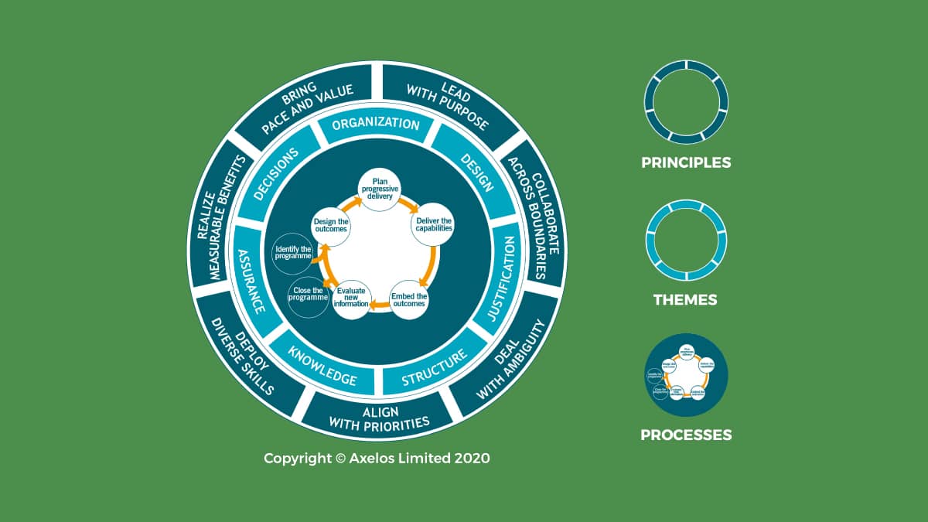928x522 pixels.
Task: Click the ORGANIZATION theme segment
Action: click(x=376, y=125)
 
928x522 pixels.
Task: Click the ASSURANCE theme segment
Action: click(x=253, y=279)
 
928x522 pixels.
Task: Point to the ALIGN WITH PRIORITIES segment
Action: click(x=379, y=416)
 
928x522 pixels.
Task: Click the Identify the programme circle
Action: click(x=293, y=252)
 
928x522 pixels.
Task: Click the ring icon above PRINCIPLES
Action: click(x=686, y=102)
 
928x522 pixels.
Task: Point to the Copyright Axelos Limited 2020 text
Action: click(x=377, y=458)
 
